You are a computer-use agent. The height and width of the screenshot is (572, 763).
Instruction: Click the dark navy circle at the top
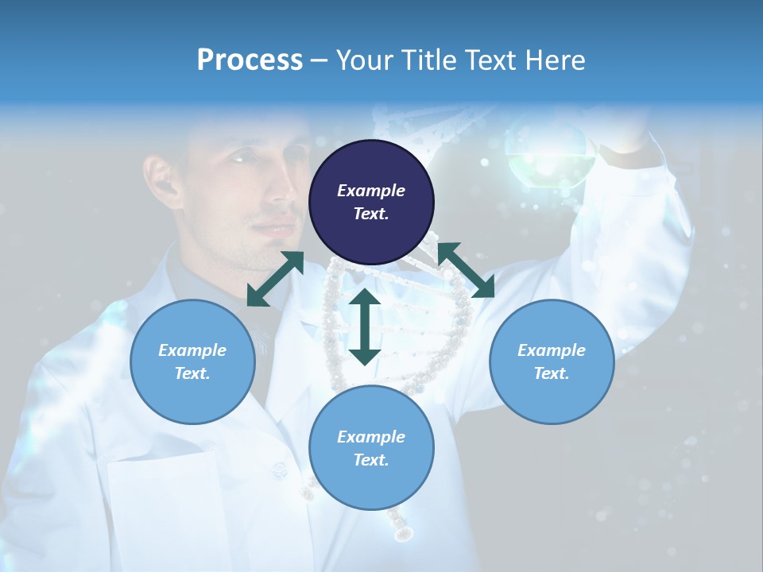pos(371,202)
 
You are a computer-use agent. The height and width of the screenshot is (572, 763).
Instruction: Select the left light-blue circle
pos(192,361)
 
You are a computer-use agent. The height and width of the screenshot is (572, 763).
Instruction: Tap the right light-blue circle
pos(551,361)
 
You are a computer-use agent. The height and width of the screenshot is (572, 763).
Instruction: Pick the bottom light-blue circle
pos(371,448)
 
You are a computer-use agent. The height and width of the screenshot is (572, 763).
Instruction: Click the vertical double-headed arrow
pos(365,327)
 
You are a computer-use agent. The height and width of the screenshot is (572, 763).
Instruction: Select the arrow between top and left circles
pos(275,278)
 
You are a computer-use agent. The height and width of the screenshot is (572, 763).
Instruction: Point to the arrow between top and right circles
pos(466,270)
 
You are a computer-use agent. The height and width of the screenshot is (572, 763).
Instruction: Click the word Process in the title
pos(250,60)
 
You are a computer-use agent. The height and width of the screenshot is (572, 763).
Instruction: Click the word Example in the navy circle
pos(371,191)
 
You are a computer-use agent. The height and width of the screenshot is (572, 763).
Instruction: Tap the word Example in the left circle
pos(192,350)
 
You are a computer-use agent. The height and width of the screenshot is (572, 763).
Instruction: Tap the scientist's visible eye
pos(241,159)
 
